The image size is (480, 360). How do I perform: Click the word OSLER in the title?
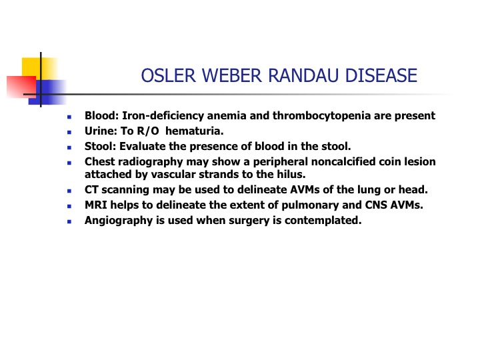pos(168,75)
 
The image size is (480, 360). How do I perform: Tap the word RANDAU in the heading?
pos(303,75)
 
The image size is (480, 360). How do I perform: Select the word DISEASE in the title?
pos(381,75)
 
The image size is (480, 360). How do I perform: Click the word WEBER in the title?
pos(232,75)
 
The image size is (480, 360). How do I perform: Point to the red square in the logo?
pos(21,87)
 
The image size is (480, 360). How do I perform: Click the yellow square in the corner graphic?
pos(39,69)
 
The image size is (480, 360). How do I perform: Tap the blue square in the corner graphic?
pos(47,92)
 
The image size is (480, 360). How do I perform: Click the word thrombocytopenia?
pos(321,116)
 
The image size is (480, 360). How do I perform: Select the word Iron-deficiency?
pos(163,116)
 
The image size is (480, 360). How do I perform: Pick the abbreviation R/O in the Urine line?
pos(148,131)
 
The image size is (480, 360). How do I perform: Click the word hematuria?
pos(195,131)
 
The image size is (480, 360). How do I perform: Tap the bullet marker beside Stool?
pos(69,147)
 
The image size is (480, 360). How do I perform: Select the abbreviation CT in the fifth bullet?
pos(91,190)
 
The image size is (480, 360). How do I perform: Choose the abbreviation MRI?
pos(96,205)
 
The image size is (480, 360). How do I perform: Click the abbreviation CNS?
pos(375,205)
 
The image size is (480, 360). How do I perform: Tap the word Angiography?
pos(119,221)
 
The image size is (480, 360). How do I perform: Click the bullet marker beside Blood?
pos(69,117)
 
